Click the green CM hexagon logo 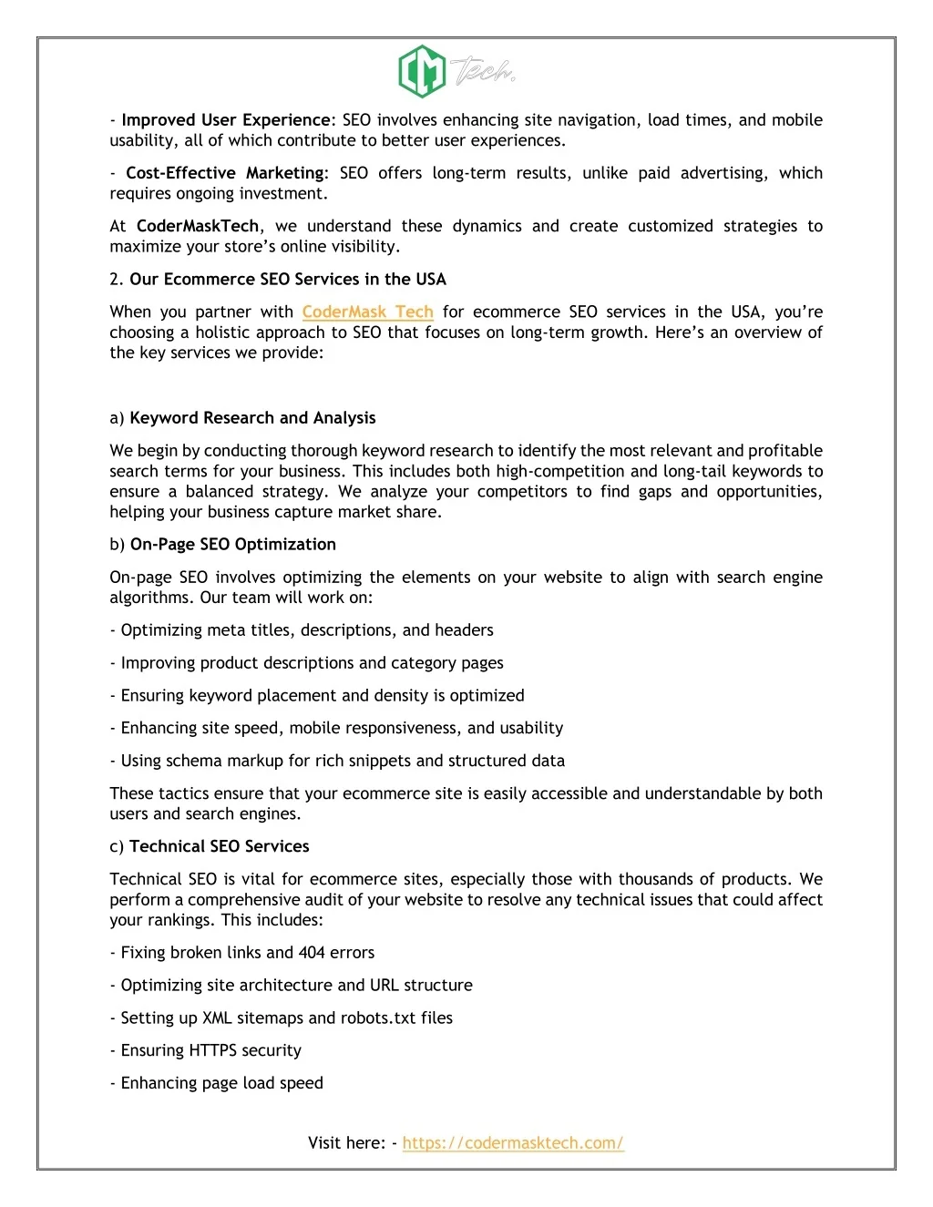tap(422, 71)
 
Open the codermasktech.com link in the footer tap(513, 1143)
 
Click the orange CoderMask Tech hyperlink tap(367, 312)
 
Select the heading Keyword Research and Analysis tap(252, 418)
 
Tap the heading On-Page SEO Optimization tap(233, 545)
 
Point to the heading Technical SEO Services tap(220, 846)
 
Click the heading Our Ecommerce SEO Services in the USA tap(288, 280)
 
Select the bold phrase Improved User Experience tap(226, 120)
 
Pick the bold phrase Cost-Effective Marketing tap(225, 173)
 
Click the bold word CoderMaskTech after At tap(198, 226)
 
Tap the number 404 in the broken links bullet tap(312, 953)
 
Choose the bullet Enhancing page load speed tap(221, 1083)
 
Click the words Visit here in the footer tap(346, 1143)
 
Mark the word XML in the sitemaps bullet tap(217, 1018)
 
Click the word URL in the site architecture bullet tap(384, 986)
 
